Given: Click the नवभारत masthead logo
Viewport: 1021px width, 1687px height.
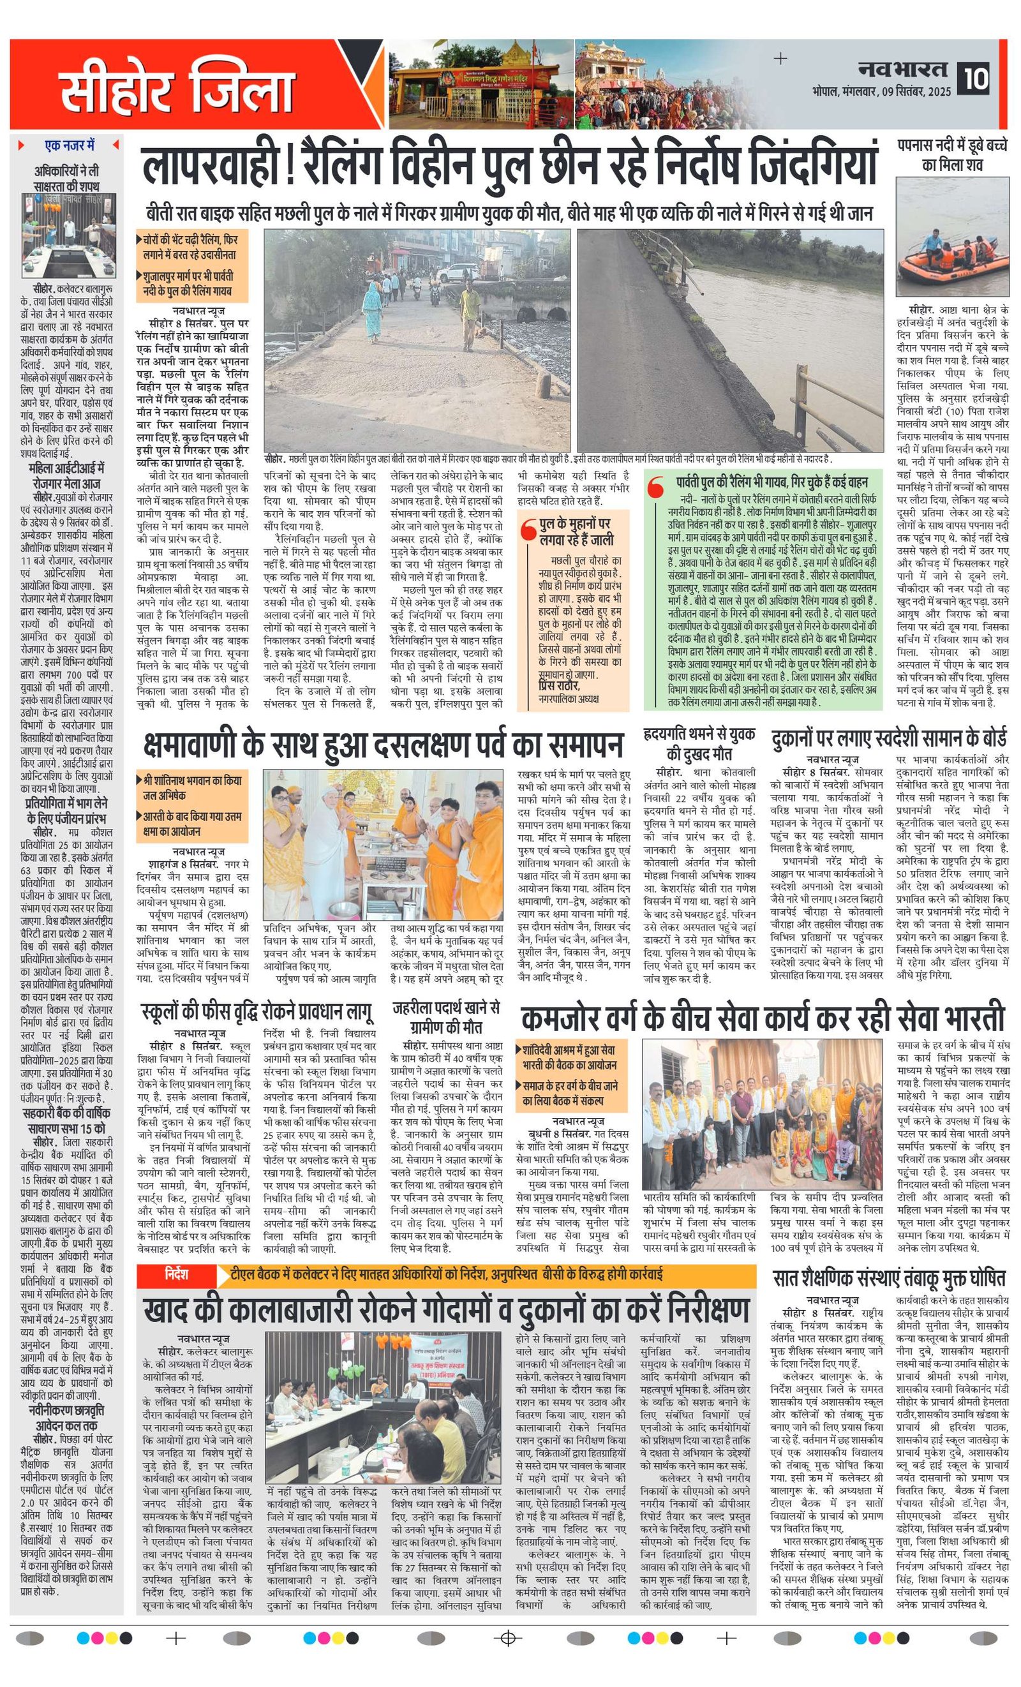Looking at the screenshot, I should point(902,69).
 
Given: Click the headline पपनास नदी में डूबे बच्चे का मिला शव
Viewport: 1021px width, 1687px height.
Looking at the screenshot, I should point(952,155).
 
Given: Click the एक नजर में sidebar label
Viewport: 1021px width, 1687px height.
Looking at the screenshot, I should point(69,145).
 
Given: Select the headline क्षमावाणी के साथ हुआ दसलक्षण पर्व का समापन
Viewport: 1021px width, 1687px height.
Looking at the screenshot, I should point(384,743).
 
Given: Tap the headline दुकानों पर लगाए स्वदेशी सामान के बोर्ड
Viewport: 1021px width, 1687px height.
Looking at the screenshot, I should point(889,738).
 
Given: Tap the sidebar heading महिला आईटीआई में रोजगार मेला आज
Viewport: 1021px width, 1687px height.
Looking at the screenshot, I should point(66,476).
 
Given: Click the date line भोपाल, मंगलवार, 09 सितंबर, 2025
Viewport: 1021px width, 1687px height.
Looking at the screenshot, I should point(882,92).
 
